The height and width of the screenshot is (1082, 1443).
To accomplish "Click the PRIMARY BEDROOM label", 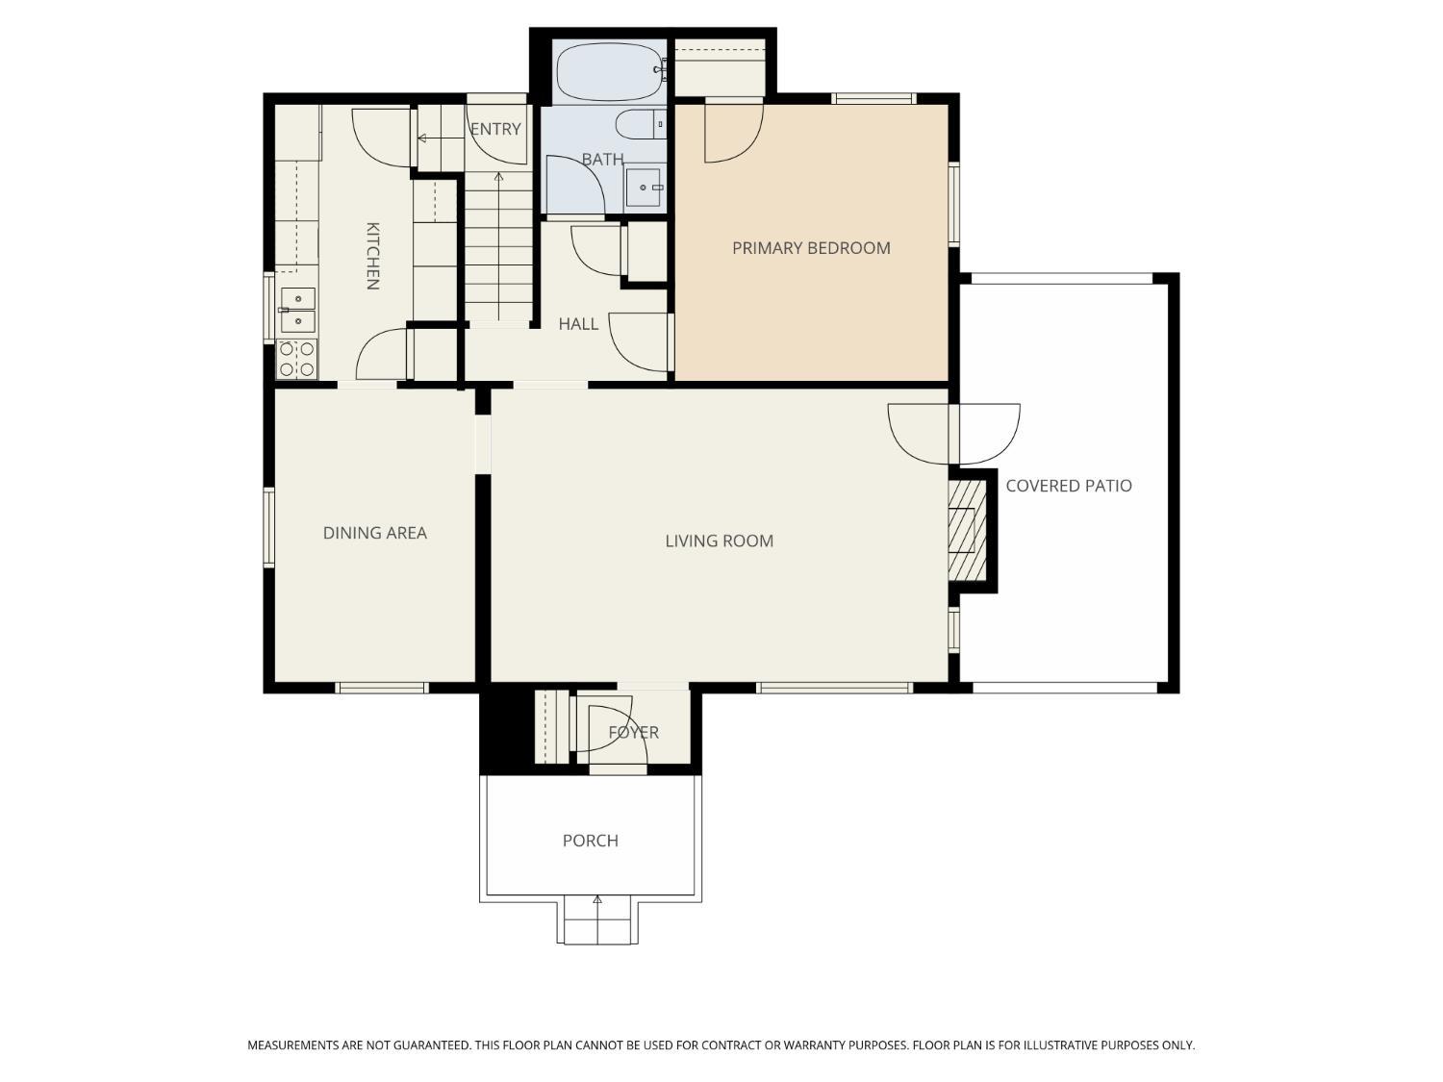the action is point(811,248).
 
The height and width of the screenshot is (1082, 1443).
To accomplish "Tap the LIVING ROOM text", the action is point(720,541).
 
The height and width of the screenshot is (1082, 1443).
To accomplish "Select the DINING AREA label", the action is point(375,533).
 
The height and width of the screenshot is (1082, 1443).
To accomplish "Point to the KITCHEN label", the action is point(372,256).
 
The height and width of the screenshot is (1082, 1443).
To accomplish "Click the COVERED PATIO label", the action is point(1069,486).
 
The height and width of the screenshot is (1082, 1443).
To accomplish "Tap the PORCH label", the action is point(591,841).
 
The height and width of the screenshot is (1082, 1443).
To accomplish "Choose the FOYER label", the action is point(634,733).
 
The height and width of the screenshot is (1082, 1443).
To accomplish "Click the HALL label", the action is point(578,324).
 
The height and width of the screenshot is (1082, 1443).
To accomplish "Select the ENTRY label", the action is point(495,130).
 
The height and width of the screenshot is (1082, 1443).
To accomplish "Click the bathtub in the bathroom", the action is point(610,71).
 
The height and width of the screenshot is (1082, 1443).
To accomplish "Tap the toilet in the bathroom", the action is point(641,124).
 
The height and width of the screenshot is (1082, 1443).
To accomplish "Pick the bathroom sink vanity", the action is point(645,188).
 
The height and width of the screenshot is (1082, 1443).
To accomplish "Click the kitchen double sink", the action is point(298,310).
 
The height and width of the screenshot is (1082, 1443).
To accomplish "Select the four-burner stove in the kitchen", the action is point(297,359).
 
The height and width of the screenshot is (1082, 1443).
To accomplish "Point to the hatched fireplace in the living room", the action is point(967,531).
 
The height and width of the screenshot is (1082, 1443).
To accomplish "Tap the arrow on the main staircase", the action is point(499,246).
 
